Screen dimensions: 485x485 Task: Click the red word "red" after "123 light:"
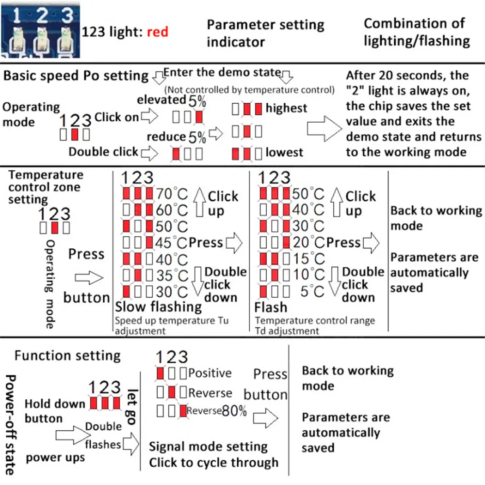pyautogui.click(x=157, y=32)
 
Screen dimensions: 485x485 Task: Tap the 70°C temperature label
pyautogui.click(x=172, y=194)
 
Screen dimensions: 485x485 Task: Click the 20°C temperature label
pyautogui.click(x=309, y=243)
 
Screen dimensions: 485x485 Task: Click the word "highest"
pyautogui.click(x=286, y=108)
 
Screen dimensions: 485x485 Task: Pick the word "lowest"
pyautogui.click(x=284, y=153)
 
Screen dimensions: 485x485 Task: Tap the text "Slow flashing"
pyautogui.click(x=158, y=307)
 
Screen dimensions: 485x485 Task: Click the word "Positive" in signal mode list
pyautogui.click(x=210, y=373)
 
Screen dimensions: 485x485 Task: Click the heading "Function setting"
pyautogui.click(x=67, y=356)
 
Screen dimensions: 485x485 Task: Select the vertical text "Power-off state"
pyautogui.click(x=11, y=425)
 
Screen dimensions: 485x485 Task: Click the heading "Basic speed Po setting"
pyautogui.click(x=76, y=76)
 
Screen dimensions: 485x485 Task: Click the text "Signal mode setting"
pyautogui.click(x=208, y=446)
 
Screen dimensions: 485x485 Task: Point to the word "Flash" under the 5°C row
pyautogui.click(x=271, y=307)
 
